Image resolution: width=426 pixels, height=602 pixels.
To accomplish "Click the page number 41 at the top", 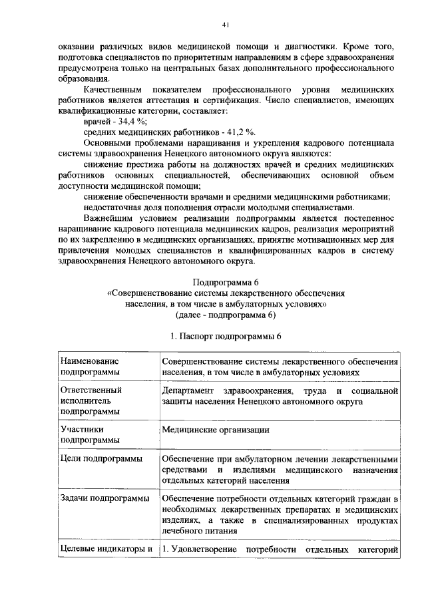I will tap(226, 25).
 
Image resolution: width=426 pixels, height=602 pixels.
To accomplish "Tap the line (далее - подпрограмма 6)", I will tap(226, 315).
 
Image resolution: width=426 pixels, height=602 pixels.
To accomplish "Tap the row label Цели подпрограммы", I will tap(101, 460).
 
